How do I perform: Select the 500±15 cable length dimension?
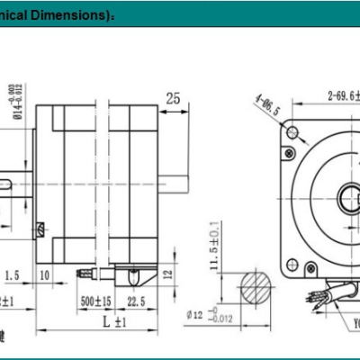[x=95, y=301]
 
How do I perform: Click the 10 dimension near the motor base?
[x=44, y=273]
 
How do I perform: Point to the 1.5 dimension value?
[x=12, y=273]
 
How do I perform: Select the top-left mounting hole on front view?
[x=292, y=133]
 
